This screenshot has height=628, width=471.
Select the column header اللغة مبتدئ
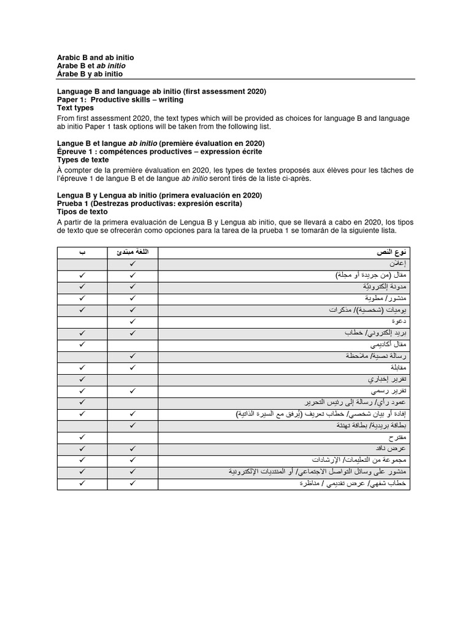coord(132,252)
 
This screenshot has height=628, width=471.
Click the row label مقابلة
coord(402,367)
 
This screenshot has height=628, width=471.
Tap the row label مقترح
coord(402,437)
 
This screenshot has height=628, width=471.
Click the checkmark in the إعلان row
coord(132,264)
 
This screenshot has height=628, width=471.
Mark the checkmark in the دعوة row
coord(132,321)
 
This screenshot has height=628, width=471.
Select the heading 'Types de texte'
coord(83,159)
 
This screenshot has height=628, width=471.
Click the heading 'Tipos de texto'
coord(81,212)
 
